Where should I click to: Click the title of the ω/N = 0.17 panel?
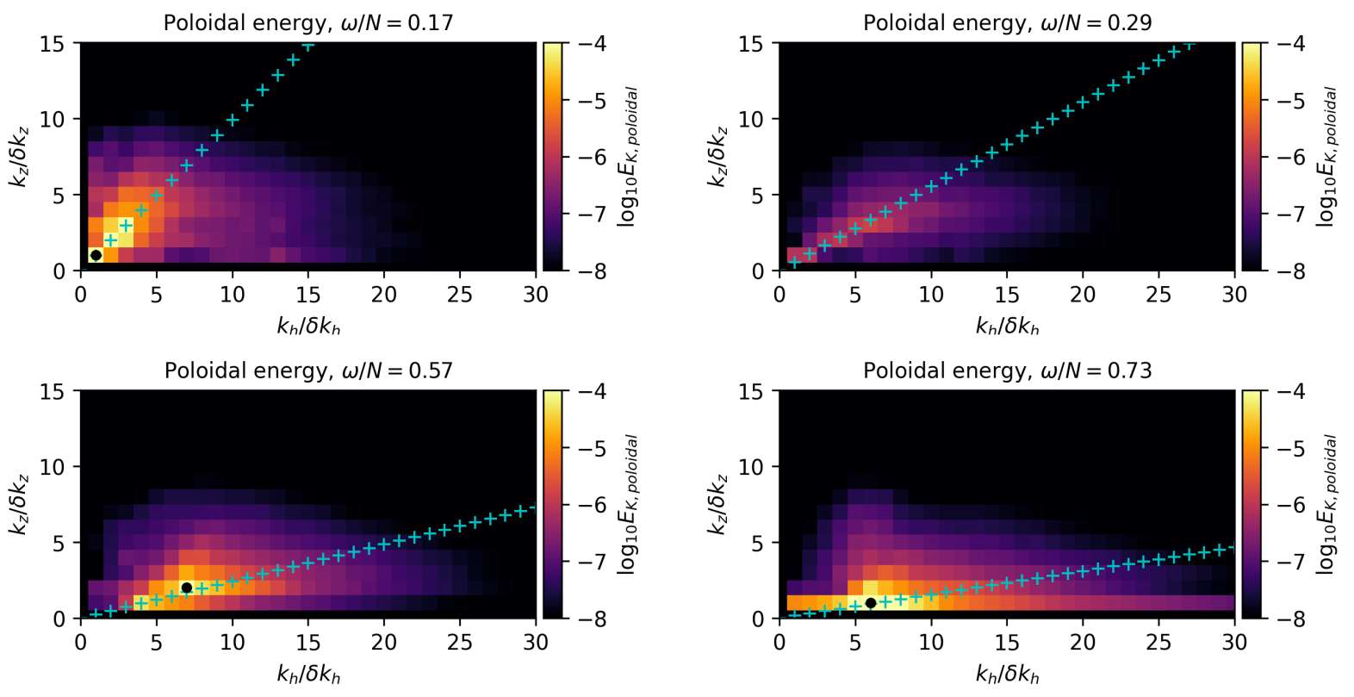click(307, 22)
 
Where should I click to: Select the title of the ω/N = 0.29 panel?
click(1007, 22)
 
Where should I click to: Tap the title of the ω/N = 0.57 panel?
click(307, 370)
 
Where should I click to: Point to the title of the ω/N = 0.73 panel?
click(1007, 370)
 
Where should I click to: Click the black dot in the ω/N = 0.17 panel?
click(96, 255)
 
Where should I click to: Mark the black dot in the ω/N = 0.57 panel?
click(186, 588)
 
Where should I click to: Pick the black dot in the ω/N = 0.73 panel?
click(871, 603)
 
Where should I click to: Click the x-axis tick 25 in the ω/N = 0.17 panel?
click(460, 295)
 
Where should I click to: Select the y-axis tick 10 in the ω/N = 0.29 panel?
click(751, 119)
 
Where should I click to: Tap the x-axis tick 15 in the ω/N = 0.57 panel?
click(308, 643)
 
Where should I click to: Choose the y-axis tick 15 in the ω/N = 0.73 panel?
click(751, 391)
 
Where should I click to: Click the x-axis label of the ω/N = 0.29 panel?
click(1007, 326)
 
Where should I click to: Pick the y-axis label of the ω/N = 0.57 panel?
click(19, 504)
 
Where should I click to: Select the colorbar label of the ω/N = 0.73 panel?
click(1326, 504)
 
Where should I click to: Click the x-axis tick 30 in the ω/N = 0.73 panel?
click(1234, 643)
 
